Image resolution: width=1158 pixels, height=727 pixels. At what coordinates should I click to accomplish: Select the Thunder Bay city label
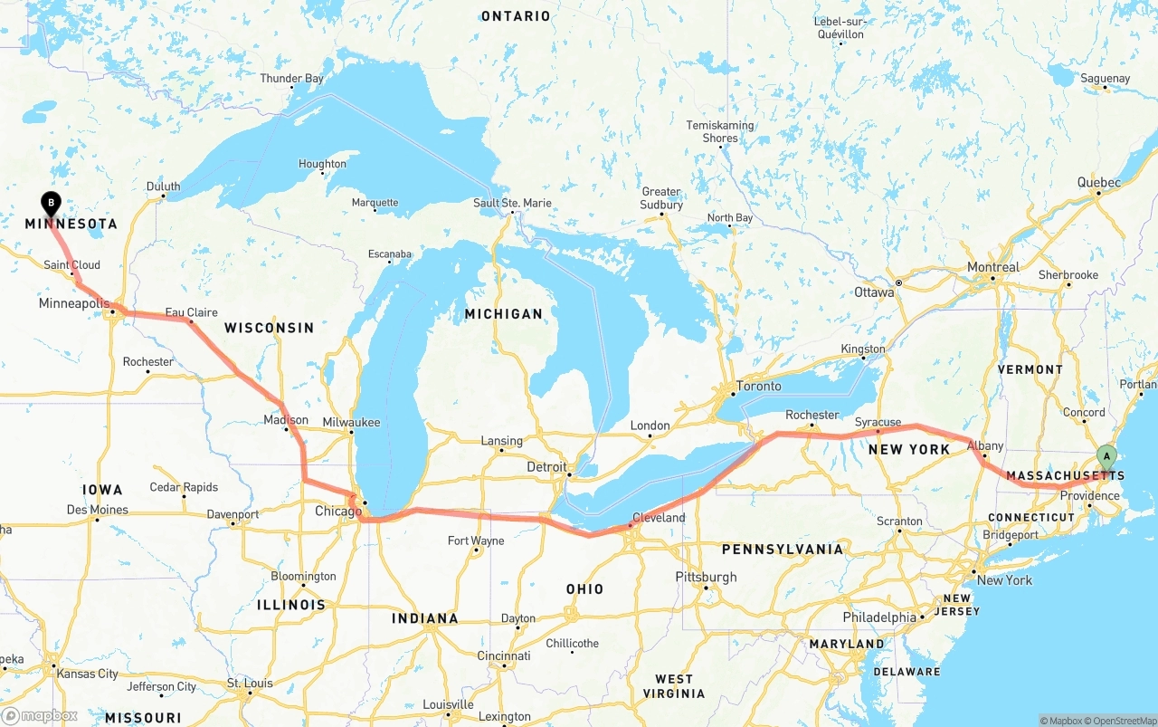pyautogui.click(x=291, y=79)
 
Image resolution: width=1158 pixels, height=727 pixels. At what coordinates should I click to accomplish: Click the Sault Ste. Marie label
pyautogui.click(x=512, y=203)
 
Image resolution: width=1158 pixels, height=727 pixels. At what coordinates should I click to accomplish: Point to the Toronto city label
pyautogui.click(x=758, y=387)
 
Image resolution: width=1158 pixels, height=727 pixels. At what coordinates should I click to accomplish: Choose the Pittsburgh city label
pyautogui.click(x=706, y=577)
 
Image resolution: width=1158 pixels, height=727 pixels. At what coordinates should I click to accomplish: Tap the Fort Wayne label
pyautogui.click(x=477, y=541)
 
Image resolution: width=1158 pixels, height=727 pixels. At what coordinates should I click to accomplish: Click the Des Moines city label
pyautogui.click(x=98, y=510)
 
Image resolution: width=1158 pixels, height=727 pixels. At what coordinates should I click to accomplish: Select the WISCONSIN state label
pyautogui.click(x=269, y=328)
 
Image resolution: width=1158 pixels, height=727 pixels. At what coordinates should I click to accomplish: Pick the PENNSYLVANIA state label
pyautogui.click(x=782, y=550)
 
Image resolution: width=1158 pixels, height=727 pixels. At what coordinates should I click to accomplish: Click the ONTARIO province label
pyautogui.click(x=516, y=16)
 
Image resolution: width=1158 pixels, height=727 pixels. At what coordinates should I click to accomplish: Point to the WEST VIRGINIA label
pyautogui.click(x=674, y=686)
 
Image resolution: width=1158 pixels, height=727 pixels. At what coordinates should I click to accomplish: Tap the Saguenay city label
pyautogui.click(x=1106, y=79)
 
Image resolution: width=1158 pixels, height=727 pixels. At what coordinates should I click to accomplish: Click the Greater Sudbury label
pyautogui.click(x=661, y=198)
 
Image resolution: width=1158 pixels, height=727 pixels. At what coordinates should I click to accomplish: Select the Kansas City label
pyautogui.click(x=88, y=674)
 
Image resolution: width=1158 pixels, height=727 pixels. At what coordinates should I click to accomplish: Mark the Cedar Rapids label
pyautogui.click(x=184, y=487)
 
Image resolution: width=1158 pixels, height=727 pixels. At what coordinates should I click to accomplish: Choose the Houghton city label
pyautogui.click(x=322, y=164)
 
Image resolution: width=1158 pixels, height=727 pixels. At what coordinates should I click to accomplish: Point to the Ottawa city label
pyautogui.click(x=874, y=292)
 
